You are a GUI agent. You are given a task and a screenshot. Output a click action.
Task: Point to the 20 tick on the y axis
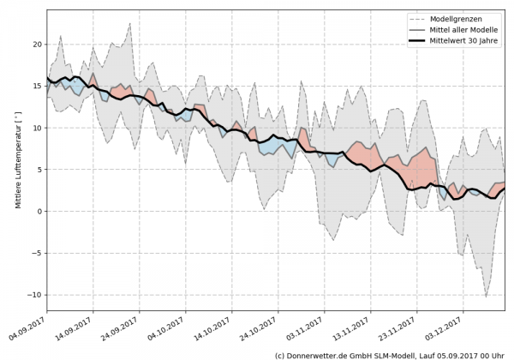(x=37, y=44)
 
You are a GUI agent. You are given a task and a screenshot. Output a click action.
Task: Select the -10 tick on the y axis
(x=34, y=295)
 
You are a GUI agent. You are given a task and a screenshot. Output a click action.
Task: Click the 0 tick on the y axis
(x=39, y=212)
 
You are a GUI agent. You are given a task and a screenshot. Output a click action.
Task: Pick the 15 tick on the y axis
(x=37, y=86)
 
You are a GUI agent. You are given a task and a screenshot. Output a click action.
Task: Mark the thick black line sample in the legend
(x=419, y=41)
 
